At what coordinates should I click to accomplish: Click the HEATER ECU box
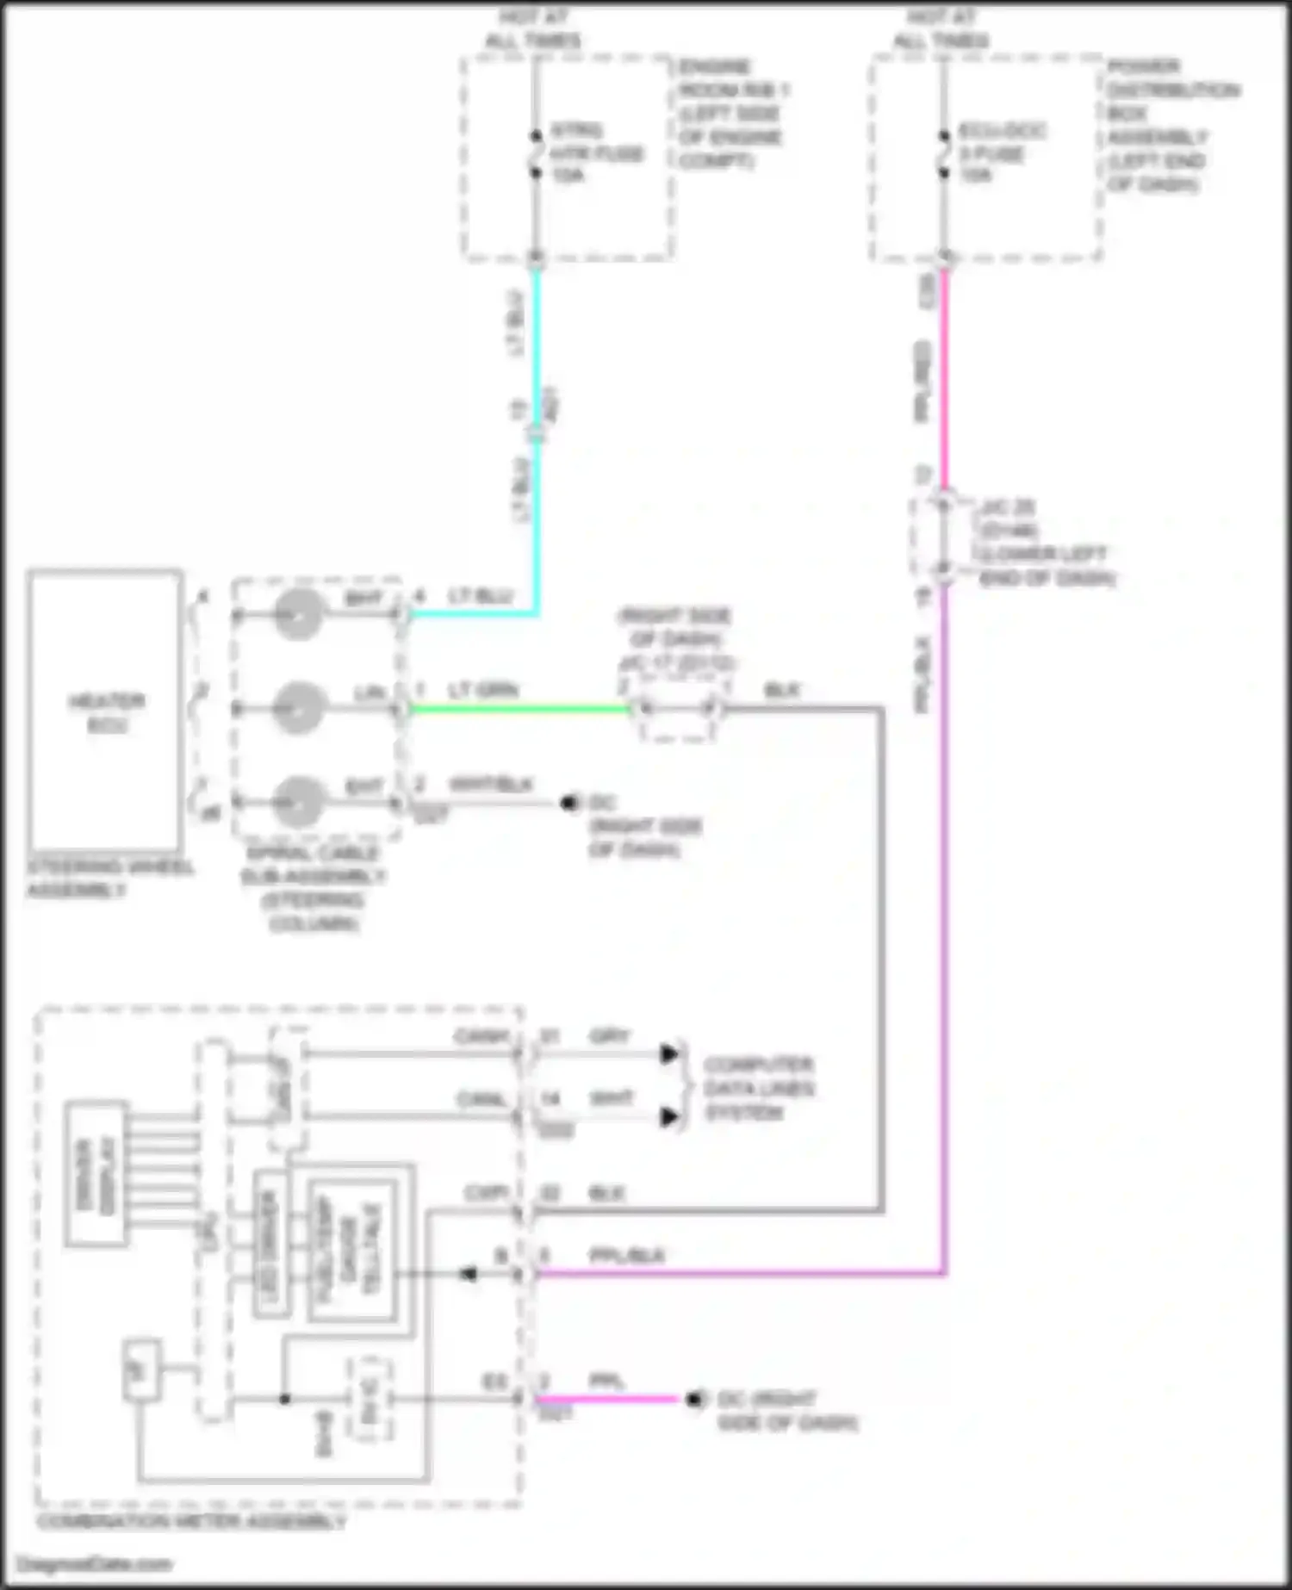pos(104,711)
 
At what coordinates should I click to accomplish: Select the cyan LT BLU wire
pos(537,517)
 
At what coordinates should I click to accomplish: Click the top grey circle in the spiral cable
pos(298,615)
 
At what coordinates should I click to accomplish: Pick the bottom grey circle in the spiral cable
pos(298,803)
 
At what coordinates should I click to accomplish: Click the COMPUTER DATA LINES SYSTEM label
pos(758,1088)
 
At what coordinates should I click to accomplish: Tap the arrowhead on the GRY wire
pos(669,1053)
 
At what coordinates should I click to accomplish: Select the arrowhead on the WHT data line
pos(669,1117)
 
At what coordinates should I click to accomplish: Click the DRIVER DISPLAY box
pos(96,1174)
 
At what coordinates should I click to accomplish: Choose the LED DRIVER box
pos(271,1244)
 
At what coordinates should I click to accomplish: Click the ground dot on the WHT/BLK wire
pos(568,803)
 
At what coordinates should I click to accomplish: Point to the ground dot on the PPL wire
pos(693,1399)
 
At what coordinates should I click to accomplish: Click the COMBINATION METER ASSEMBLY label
pos(191,1521)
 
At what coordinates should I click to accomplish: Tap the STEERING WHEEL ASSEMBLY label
pos(110,878)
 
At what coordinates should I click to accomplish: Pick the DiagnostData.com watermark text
pos(95,1563)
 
